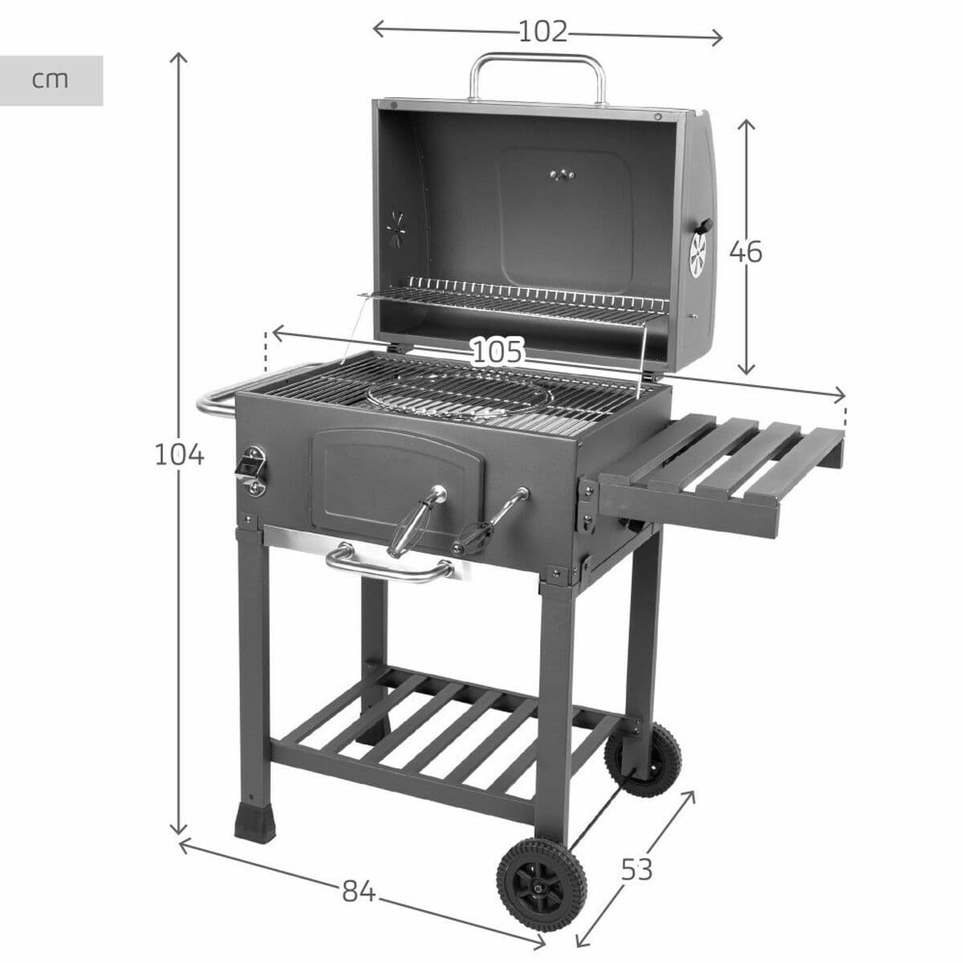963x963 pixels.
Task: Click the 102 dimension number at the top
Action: pyautogui.click(x=543, y=32)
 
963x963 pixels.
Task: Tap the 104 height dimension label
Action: pyautogui.click(x=179, y=455)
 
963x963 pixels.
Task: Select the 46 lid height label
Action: pyautogui.click(x=746, y=252)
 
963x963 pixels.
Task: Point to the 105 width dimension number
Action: pyautogui.click(x=497, y=351)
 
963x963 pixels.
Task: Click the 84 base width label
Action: pyautogui.click(x=359, y=892)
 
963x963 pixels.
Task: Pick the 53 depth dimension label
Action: pyautogui.click(x=637, y=868)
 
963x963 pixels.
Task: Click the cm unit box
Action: pyautogui.click(x=51, y=80)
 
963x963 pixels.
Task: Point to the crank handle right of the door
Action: pyautogui.click(x=491, y=522)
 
